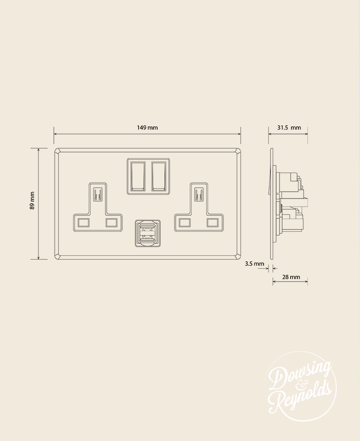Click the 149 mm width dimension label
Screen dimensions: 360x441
coord(147,127)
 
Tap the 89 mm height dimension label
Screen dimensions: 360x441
coord(32,201)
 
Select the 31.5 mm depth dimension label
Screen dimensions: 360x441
coord(289,127)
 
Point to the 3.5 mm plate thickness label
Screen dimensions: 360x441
coord(254,264)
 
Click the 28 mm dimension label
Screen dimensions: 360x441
coord(291,277)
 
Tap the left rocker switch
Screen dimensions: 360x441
coord(138,176)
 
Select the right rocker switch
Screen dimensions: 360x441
coord(159,176)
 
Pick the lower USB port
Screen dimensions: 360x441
coord(147,239)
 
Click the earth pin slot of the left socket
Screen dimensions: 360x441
coord(98,195)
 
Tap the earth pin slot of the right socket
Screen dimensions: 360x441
coord(199,195)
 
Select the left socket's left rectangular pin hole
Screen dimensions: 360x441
coord(84,223)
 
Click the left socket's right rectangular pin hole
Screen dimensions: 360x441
coord(112,223)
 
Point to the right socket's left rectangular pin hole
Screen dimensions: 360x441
coord(184,223)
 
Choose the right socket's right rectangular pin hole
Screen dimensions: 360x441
coord(213,223)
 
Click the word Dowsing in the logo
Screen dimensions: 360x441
coord(300,376)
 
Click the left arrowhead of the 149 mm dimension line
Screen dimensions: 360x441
coord(56,135)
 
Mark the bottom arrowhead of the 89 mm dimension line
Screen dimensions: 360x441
coord(39,258)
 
